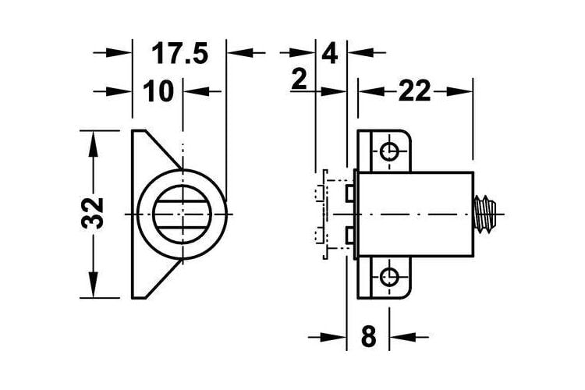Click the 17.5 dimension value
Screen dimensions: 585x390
pos(179,53)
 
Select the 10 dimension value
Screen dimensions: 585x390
pos(158,91)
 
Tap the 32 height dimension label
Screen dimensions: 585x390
pos(93,213)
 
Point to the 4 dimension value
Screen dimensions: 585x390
pos(329,54)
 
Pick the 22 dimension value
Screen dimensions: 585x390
pos(414,91)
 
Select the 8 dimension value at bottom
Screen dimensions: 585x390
pos(369,336)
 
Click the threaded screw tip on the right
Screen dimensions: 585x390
pos(485,214)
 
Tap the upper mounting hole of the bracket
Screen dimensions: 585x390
pos(389,151)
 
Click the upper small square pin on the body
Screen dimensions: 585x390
pos(350,193)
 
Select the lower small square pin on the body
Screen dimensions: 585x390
pos(350,236)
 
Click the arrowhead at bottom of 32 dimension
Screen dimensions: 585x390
pos(93,285)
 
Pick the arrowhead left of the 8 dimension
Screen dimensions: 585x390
pos(333,338)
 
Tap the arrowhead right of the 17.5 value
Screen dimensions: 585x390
pos(241,52)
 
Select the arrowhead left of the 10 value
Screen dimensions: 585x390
pos(119,91)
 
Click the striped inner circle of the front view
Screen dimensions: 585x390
pos(182,214)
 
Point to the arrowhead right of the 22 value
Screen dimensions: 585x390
pos(459,91)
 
